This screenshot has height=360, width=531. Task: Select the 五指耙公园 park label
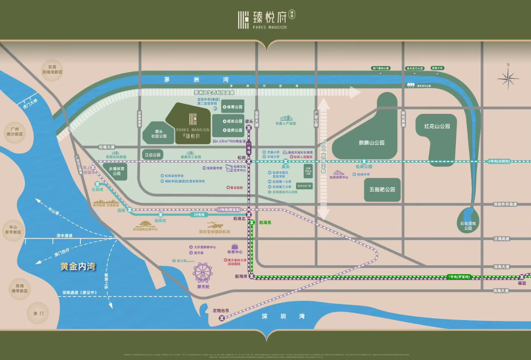(382, 189)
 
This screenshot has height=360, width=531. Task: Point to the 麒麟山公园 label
(371, 143)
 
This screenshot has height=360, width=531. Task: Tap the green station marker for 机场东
(252, 222)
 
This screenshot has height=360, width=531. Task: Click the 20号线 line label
(199, 215)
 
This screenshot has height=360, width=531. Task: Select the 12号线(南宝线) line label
(228, 209)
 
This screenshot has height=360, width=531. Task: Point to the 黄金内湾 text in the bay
(79, 267)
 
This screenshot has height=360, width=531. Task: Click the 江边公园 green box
(153, 155)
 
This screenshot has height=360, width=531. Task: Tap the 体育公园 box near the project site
(232, 107)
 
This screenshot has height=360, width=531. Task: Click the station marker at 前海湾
(252, 277)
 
